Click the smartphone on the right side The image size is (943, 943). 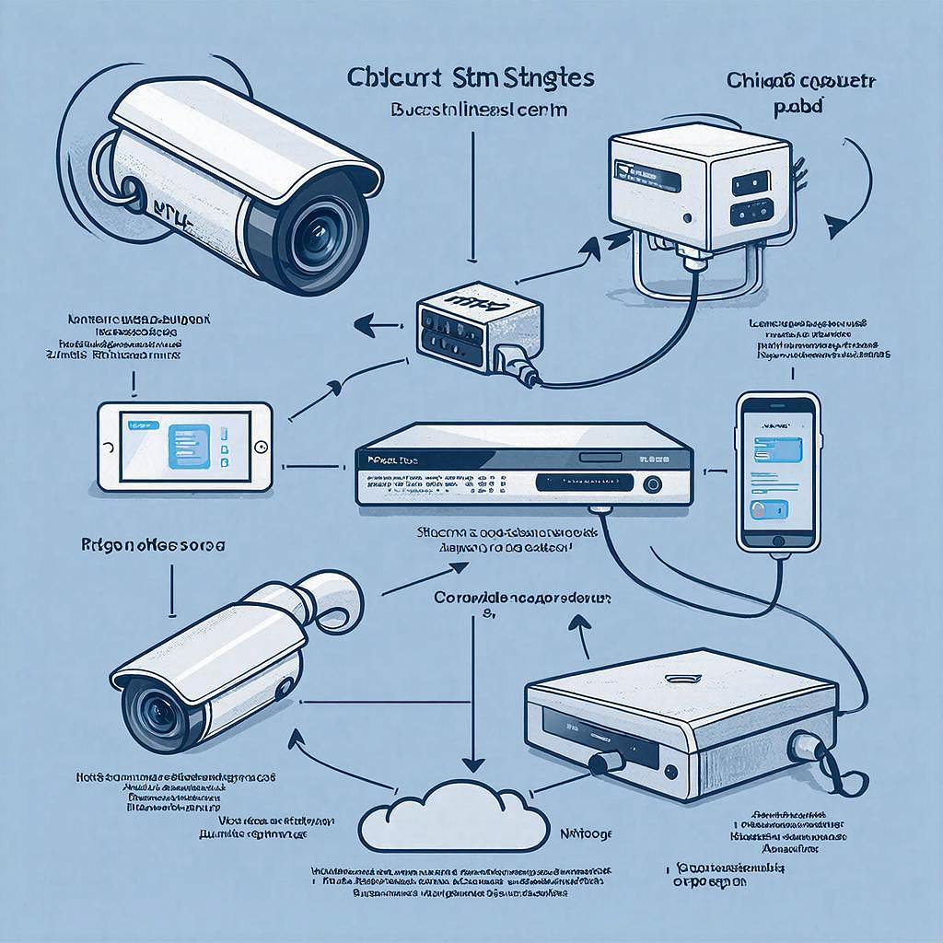click(x=779, y=474)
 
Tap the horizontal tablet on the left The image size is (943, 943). click(x=185, y=446)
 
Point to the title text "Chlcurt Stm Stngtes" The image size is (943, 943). click(x=471, y=77)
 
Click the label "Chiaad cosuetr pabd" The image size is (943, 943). click(x=799, y=93)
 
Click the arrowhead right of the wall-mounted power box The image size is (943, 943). click(x=836, y=224)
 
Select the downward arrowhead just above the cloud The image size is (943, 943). click(x=473, y=763)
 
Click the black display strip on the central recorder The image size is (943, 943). click(x=585, y=482)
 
